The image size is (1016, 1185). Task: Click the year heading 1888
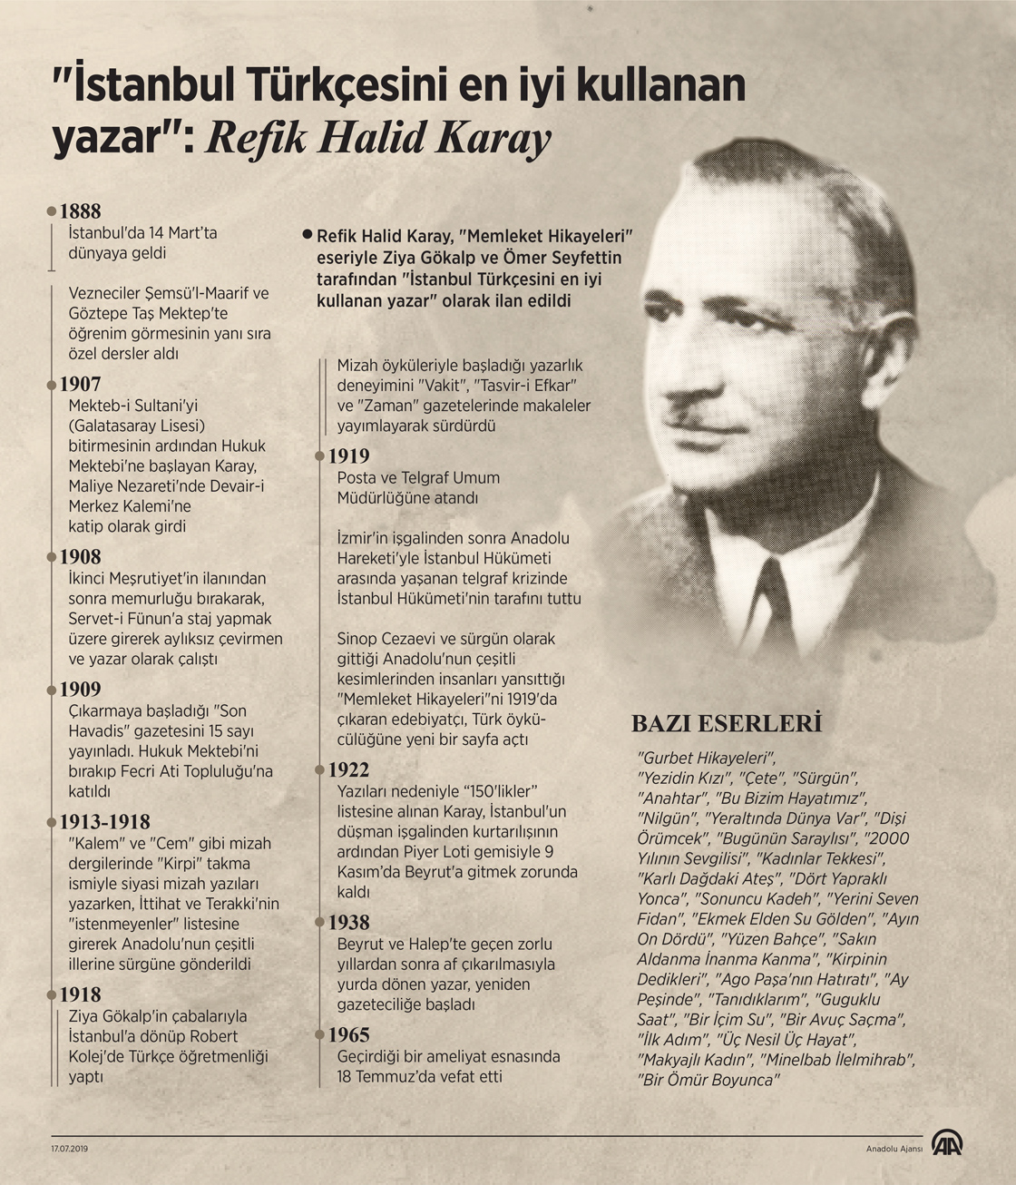80,211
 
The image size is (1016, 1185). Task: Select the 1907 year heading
80,384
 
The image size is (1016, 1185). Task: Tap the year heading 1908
80,557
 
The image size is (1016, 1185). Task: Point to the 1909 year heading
80,690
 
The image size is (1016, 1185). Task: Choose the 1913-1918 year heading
104,822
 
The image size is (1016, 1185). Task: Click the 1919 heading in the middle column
348,456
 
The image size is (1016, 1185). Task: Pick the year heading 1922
348,770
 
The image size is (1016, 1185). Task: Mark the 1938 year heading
348,923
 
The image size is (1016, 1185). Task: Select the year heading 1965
348,1035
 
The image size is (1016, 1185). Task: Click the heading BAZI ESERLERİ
726,723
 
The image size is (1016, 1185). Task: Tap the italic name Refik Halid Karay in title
378,138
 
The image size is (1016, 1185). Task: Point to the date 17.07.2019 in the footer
70,1148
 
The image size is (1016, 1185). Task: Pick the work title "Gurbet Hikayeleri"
708,758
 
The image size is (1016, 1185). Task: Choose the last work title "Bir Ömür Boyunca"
708,1080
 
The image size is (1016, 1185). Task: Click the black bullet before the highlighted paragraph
308,234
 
